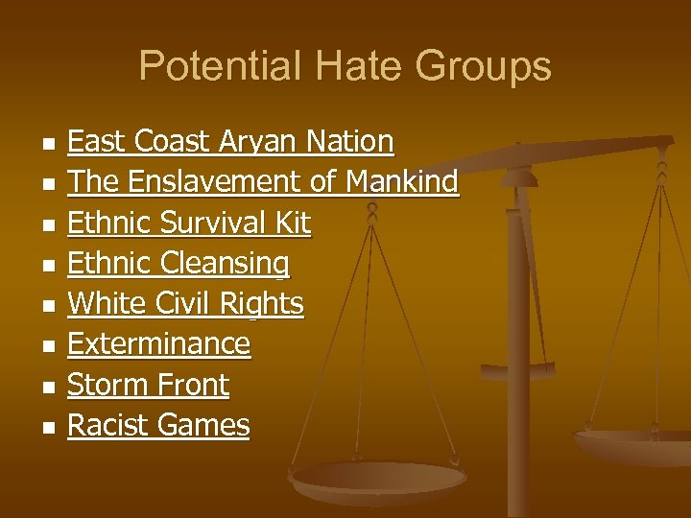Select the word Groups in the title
(484, 66)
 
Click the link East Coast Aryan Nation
(230, 142)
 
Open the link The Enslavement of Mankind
(263, 182)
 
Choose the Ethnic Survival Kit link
(189, 224)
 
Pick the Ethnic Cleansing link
(179, 264)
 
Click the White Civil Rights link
(186, 304)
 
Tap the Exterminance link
(159, 344)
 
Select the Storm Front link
(149, 386)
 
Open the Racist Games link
(158, 426)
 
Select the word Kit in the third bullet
(292, 224)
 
